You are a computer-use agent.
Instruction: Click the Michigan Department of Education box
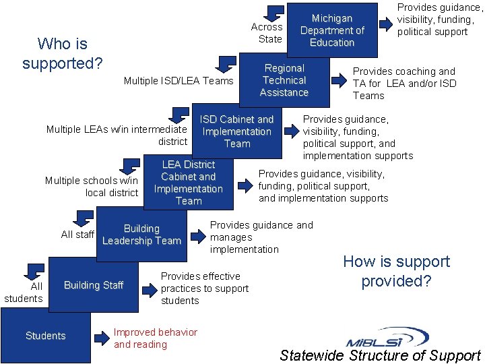tap(332, 30)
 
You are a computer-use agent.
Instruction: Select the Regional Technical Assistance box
tap(284, 80)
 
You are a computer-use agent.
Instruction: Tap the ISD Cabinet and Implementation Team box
tap(236, 131)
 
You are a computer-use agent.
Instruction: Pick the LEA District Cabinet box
tap(189, 182)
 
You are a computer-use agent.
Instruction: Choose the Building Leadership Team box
tap(141, 235)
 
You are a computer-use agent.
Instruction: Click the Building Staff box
tap(94, 285)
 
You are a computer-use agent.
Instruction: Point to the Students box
tap(46, 336)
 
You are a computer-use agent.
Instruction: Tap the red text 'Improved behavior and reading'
tap(156, 338)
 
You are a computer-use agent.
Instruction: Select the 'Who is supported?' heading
tap(62, 54)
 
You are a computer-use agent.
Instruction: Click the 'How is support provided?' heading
tap(396, 271)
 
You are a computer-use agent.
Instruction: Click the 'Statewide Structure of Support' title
tap(380, 355)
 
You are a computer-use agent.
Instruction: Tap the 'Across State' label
tap(267, 32)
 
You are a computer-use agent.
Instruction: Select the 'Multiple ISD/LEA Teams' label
tap(179, 81)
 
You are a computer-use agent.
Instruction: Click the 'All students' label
tap(24, 292)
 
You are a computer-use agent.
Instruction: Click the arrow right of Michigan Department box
tap(385, 24)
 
